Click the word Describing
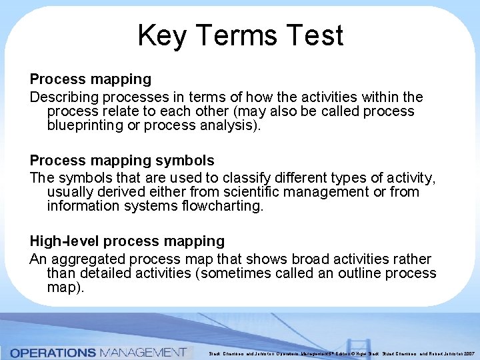coord(62,97)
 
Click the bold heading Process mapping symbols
coord(122,161)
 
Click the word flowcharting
coord(223,207)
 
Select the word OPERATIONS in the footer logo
coord(53,351)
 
